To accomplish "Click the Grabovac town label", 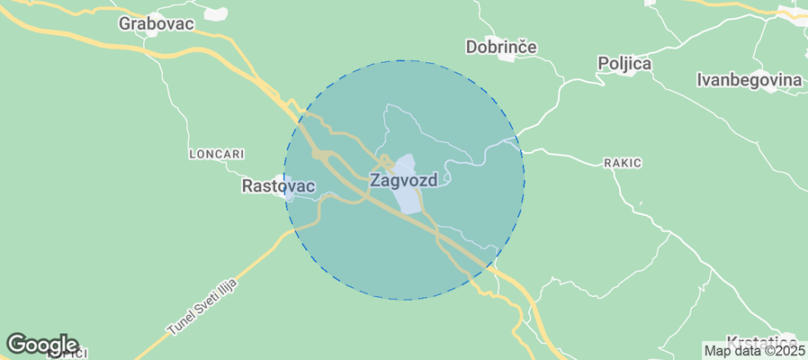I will pos(157,24).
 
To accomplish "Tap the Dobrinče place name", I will pos(501,46).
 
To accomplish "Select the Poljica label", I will pos(624,64).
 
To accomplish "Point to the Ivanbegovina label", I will pos(749,80).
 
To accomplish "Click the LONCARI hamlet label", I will pos(217,154).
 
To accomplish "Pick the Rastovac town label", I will pos(279,186).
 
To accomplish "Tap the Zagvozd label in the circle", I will pos(404,180).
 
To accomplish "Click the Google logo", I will pos(41,344).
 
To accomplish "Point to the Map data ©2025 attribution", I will pos(754,351).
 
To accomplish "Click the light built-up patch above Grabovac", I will pos(216,13).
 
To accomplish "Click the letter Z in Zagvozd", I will pos(375,180).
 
